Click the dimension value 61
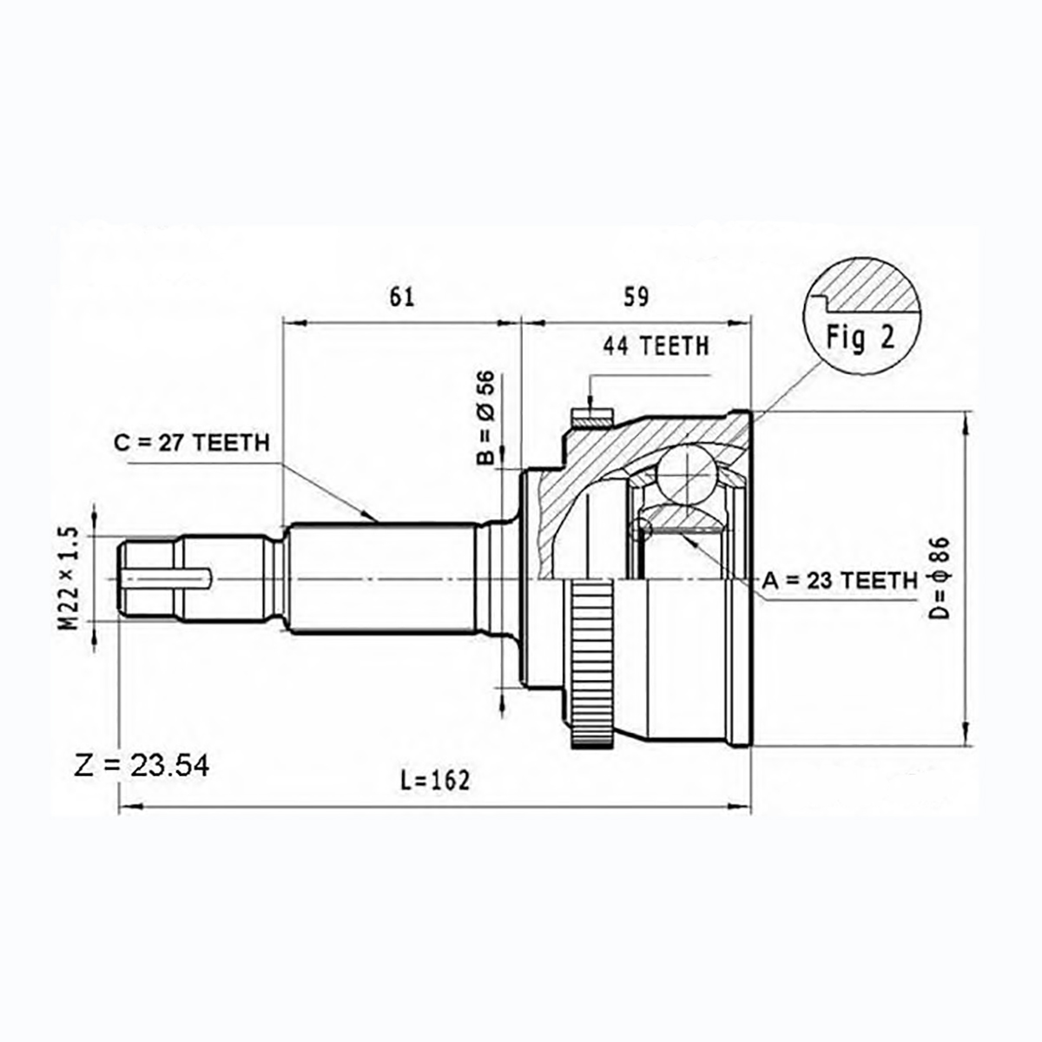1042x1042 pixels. [x=401, y=297]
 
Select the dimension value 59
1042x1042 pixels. [x=636, y=297]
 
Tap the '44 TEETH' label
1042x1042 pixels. [x=656, y=346]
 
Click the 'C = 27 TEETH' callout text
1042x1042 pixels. [x=191, y=442]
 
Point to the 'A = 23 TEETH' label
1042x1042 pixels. [x=840, y=580]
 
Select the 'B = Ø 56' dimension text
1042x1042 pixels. [x=485, y=417]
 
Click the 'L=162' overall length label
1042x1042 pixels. [x=435, y=781]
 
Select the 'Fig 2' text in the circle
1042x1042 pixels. [x=861, y=338]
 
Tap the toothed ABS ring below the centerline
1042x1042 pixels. [x=592, y=663]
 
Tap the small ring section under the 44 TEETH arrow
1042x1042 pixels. [x=592, y=418]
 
